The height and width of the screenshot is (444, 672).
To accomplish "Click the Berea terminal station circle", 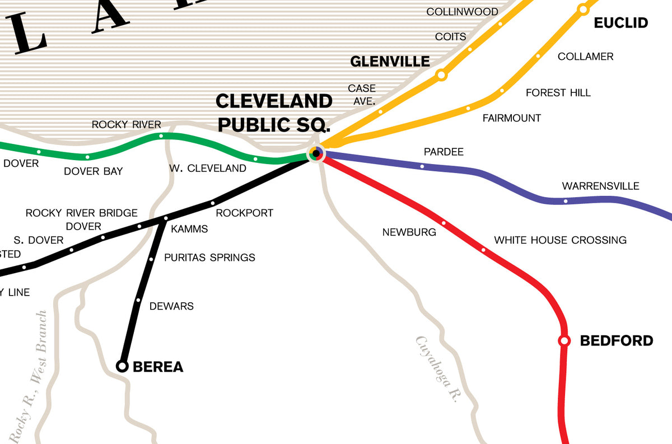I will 122,366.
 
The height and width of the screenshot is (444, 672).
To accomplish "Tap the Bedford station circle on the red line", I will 564,340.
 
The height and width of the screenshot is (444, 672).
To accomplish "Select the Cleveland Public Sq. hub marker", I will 316,153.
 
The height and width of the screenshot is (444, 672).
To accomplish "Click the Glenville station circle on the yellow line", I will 441,74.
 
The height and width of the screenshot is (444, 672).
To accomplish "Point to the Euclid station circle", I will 583,10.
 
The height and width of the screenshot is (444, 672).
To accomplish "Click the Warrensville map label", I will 600,186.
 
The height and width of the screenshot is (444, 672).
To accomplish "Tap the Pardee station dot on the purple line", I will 422,166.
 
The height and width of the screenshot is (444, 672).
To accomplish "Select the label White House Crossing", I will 560,240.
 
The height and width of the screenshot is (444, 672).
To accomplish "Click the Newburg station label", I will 409,232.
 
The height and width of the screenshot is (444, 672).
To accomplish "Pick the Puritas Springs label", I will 209,258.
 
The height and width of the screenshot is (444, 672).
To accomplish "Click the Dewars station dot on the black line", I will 138,300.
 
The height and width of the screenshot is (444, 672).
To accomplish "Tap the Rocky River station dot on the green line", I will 161,136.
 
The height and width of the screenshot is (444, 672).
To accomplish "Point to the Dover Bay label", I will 93,171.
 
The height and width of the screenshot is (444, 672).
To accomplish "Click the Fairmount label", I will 511,118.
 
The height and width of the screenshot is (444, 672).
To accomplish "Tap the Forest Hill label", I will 558,93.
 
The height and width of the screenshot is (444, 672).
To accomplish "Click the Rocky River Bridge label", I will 81,213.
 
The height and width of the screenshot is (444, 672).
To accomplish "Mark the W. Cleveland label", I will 207,168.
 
